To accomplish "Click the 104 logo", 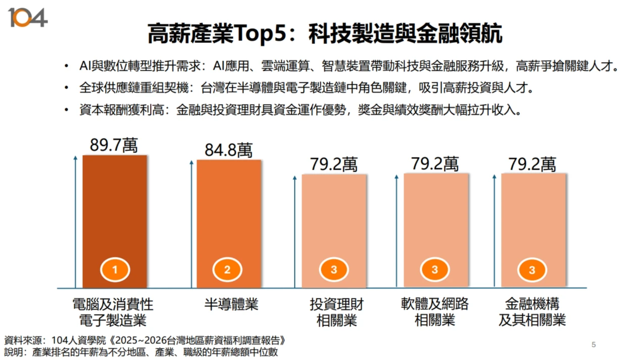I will click(28, 18).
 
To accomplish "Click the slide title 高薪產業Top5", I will click(325, 34).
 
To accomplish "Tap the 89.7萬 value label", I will click(114, 145).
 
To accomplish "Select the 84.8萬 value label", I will click(228, 150).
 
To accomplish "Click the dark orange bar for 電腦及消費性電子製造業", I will click(115, 212).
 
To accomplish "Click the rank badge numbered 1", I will click(115, 270).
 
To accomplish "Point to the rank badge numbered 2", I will click(227, 270).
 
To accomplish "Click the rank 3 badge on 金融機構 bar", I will click(532, 270).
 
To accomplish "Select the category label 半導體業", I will click(231, 304).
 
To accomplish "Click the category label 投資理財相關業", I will click(336, 312).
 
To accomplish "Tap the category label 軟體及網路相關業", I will click(435, 312).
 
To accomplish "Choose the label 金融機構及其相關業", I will click(532, 312).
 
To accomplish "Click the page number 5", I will click(593, 345).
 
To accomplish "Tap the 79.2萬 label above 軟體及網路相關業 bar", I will click(435, 164).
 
